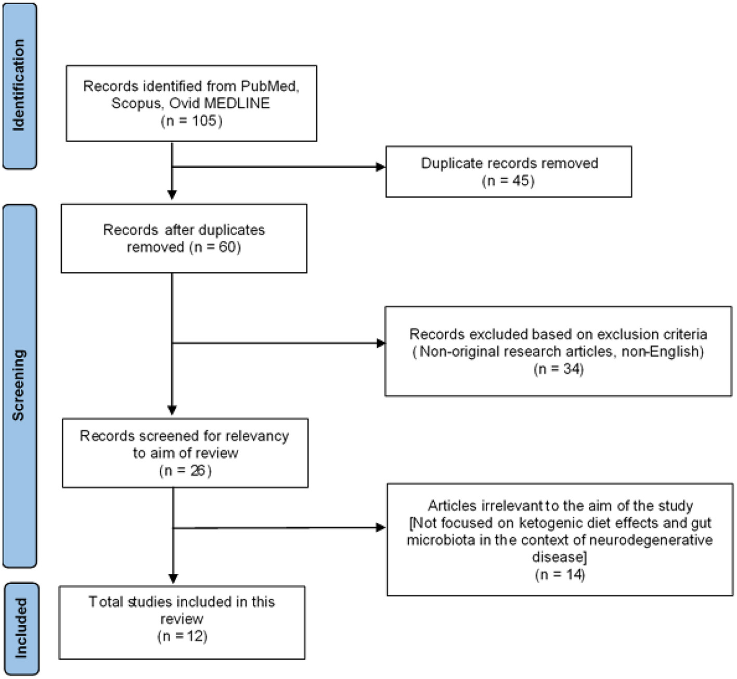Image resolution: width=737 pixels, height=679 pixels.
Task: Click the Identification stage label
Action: click(x=19, y=85)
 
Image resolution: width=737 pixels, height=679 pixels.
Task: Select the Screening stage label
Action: click(x=19, y=385)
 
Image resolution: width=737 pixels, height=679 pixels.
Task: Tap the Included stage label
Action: click(x=21, y=628)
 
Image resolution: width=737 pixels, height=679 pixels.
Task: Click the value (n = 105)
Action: click(x=191, y=121)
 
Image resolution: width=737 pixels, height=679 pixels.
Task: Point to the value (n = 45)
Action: click(x=508, y=181)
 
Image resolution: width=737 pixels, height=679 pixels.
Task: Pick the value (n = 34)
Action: click(x=558, y=369)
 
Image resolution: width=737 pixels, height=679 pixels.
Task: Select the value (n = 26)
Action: click(x=185, y=471)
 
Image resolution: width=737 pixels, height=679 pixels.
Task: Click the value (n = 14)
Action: click(x=560, y=575)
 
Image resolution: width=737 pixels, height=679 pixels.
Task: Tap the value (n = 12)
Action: click(x=182, y=636)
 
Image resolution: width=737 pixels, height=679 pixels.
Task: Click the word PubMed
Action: click(x=269, y=86)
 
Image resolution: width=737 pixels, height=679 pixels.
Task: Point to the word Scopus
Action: click(x=136, y=103)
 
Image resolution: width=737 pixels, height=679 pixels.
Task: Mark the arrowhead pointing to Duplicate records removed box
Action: click(x=381, y=167)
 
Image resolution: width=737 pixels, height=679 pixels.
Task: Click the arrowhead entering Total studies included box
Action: click(x=173, y=579)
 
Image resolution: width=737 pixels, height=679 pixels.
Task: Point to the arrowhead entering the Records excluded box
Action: click(x=381, y=343)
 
